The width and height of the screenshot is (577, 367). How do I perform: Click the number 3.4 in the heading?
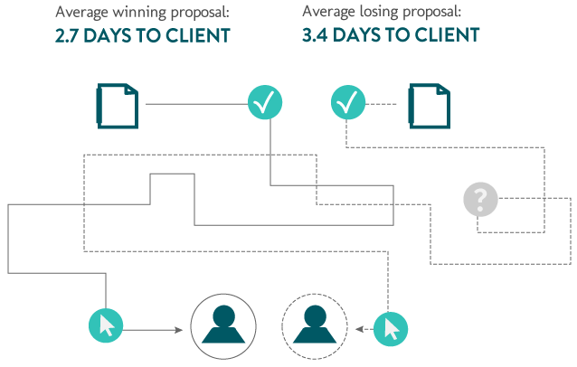pyautogui.click(x=317, y=36)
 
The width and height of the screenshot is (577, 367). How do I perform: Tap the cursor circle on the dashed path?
pyautogui.click(x=391, y=326)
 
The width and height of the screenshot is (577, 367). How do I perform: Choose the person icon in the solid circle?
pyautogui.click(x=223, y=325)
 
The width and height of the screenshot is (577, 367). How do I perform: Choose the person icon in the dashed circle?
pyautogui.click(x=315, y=325)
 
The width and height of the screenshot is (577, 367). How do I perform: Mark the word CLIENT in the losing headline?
pyautogui.click(x=446, y=36)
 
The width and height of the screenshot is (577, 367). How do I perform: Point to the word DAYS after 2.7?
pyautogui.click(x=114, y=36)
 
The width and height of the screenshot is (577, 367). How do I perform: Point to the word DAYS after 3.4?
pyautogui.click(x=362, y=36)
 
